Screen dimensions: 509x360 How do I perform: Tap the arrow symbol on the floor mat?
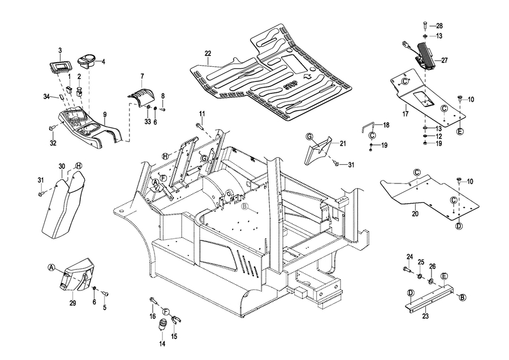pos(307,77)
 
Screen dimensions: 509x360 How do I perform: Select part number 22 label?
pos(208,53)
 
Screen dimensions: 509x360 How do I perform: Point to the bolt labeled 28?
pos(425,25)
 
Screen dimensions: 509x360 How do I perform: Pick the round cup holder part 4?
pos(87,61)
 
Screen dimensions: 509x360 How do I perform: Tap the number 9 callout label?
pos(105,115)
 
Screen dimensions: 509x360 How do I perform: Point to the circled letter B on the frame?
pos(245,206)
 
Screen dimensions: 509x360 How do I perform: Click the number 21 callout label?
pos(343,143)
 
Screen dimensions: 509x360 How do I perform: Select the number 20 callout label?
pos(415,214)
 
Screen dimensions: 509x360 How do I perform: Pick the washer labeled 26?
pos(432,280)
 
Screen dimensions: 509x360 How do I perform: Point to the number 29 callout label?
pos(73,303)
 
